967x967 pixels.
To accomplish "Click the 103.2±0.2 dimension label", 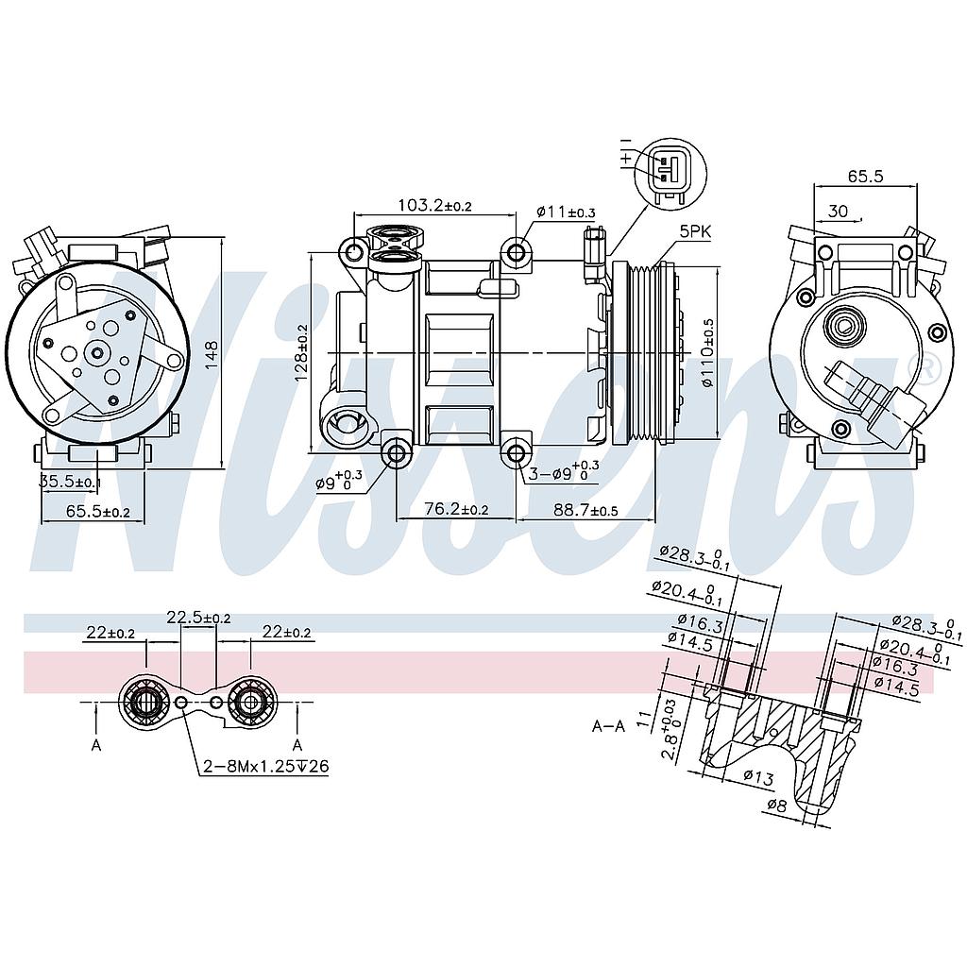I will click(x=434, y=205).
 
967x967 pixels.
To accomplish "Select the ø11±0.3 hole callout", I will click(x=566, y=212).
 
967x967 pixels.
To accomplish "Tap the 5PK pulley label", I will click(x=695, y=230).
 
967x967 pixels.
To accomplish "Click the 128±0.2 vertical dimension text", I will click(x=302, y=351).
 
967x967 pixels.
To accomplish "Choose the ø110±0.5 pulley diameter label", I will click(x=708, y=351).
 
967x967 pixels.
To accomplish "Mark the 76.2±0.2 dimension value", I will click(x=456, y=509).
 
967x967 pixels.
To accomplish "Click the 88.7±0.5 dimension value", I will click(x=585, y=509).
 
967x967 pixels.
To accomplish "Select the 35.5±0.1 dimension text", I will click(x=69, y=483).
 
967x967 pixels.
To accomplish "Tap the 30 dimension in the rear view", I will click(x=837, y=210).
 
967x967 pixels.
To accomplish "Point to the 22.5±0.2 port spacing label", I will click(x=198, y=618).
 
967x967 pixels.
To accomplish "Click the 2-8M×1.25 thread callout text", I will click(x=265, y=766).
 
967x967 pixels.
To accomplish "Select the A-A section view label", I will click(x=609, y=726).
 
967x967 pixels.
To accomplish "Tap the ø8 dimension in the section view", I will click(x=775, y=806).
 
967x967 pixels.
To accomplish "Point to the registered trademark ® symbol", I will click(x=929, y=367).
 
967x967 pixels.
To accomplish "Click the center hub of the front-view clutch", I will click(x=96, y=354).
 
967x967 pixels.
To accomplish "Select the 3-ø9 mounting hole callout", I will click(x=563, y=472).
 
